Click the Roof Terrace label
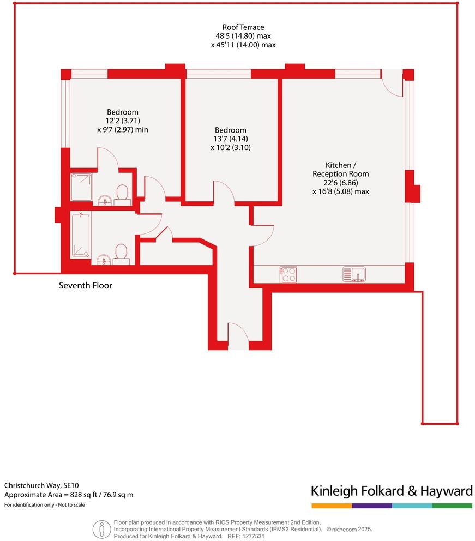tap(243, 27)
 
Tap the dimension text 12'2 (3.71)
tap(122, 121)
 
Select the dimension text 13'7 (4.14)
tap(230, 139)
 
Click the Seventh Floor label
tap(86, 285)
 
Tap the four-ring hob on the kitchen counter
tap(288, 274)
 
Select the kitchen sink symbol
tap(354, 274)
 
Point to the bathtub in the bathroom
tap(81, 235)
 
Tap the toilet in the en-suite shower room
tap(122, 193)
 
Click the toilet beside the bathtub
tap(121, 253)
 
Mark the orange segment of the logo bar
tap(331, 506)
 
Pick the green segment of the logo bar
tap(452, 506)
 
